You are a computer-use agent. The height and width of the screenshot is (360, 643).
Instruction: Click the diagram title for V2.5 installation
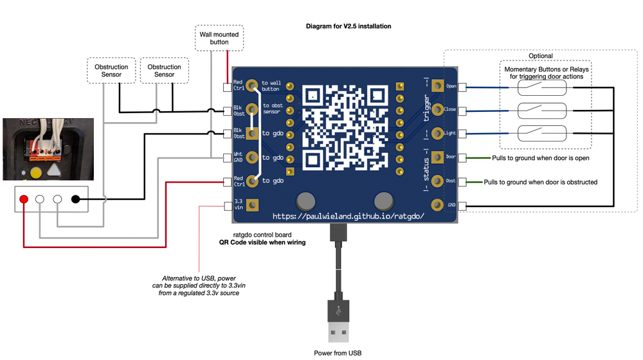click(349, 26)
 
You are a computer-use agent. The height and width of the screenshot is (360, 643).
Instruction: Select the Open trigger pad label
click(451, 86)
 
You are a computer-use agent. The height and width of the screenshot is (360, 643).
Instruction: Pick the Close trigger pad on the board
click(440, 109)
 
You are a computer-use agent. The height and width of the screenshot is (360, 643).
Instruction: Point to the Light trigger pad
click(440, 133)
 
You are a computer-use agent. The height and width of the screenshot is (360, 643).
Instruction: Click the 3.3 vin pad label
click(239, 204)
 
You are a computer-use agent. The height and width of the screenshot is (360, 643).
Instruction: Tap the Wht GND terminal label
click(238, 157)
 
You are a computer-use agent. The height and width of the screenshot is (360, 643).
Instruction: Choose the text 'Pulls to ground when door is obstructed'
click(540, 182)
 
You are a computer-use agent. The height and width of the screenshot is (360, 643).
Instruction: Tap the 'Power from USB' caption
click(338, 353)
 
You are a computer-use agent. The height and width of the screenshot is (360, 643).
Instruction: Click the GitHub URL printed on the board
click(348, 216)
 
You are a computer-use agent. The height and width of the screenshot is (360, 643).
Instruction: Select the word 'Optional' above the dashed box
click(540, 56)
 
